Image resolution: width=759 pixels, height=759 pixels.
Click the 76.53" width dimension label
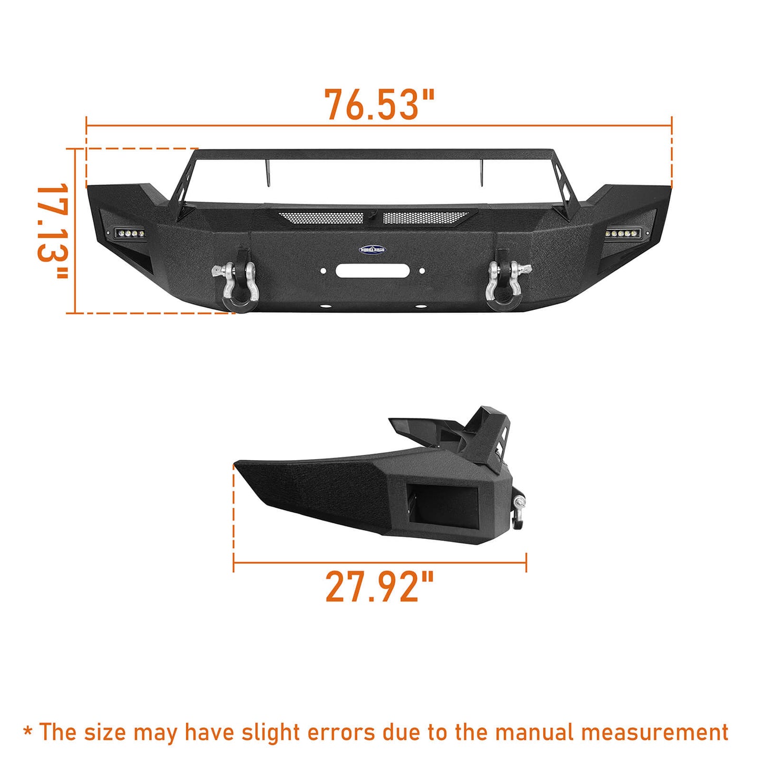click(379, 105)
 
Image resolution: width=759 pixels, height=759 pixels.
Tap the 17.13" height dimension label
click(53, 231)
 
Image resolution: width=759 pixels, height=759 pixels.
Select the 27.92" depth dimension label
click(379, 586)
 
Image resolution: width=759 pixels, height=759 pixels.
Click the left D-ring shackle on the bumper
click(235, 284)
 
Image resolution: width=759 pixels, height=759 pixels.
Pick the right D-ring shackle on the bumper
click(507, 284)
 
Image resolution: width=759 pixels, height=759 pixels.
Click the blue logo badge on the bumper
click(372, 249)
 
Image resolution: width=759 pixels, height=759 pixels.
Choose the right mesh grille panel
click(424, 217)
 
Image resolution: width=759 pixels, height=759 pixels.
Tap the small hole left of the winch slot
click(324, 272)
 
